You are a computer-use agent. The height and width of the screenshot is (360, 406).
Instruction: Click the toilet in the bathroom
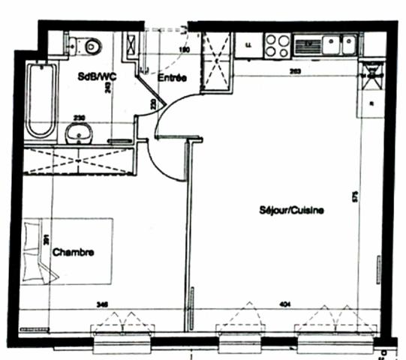[92, 45]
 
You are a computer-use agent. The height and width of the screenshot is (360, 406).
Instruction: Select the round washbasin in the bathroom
[78, 133]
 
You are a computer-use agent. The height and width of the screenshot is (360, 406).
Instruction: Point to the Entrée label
[172, 77]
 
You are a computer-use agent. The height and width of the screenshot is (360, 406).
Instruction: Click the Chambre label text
[74, 253]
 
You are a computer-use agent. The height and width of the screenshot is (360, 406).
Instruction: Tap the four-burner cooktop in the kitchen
[275, 46]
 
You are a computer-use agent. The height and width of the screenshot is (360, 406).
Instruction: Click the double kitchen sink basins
[338, 46]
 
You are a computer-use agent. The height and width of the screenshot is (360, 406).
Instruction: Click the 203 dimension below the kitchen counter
[296, 71]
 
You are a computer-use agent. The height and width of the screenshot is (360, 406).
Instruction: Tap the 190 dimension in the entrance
[182, 50]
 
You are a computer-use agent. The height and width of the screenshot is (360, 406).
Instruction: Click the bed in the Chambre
[68, 251]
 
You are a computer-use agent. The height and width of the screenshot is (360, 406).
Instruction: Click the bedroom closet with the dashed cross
[79, 160]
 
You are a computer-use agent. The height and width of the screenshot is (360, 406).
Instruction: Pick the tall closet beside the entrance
[216, 60]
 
